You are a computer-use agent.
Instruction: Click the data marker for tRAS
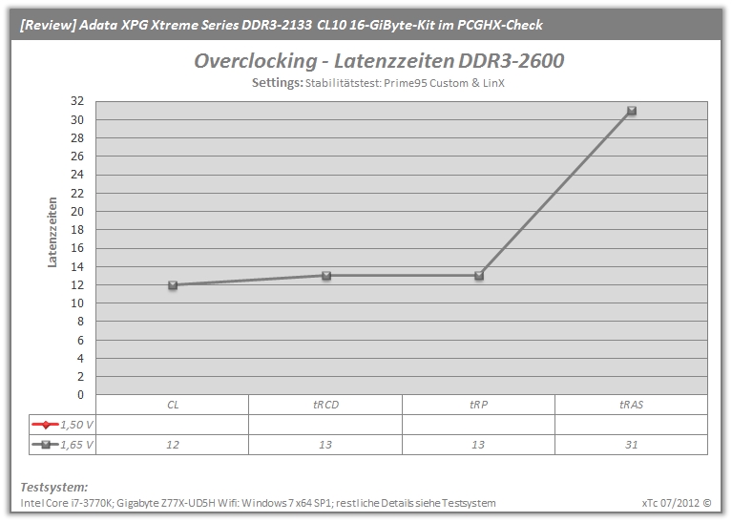(632, 111)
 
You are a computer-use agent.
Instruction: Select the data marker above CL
(173, 284)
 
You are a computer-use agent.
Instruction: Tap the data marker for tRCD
(326, 276)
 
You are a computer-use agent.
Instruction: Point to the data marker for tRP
(479, 276)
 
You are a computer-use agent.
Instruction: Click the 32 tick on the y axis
(77, 101)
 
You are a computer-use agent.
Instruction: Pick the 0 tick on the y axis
(80, 394)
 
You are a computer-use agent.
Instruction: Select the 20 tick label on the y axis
(77, 211)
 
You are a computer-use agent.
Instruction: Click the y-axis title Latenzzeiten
(52, 232)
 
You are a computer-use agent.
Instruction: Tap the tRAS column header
(631, 405)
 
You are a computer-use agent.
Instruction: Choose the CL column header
(173, 405)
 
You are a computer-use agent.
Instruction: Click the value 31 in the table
(631, 445)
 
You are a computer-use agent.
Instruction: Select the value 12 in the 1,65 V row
(173, 445)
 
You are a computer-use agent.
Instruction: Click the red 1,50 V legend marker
(45, 425)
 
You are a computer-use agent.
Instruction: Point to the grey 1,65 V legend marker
(45, 445)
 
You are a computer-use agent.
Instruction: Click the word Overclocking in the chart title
(256, 61)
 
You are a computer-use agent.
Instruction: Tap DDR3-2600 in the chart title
(512, 61)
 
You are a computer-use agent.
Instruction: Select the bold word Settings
(278, 83)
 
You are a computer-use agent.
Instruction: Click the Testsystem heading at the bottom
(54, 487)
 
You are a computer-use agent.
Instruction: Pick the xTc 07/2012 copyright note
(677, 503)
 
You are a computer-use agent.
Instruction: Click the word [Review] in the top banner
(48, 25)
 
